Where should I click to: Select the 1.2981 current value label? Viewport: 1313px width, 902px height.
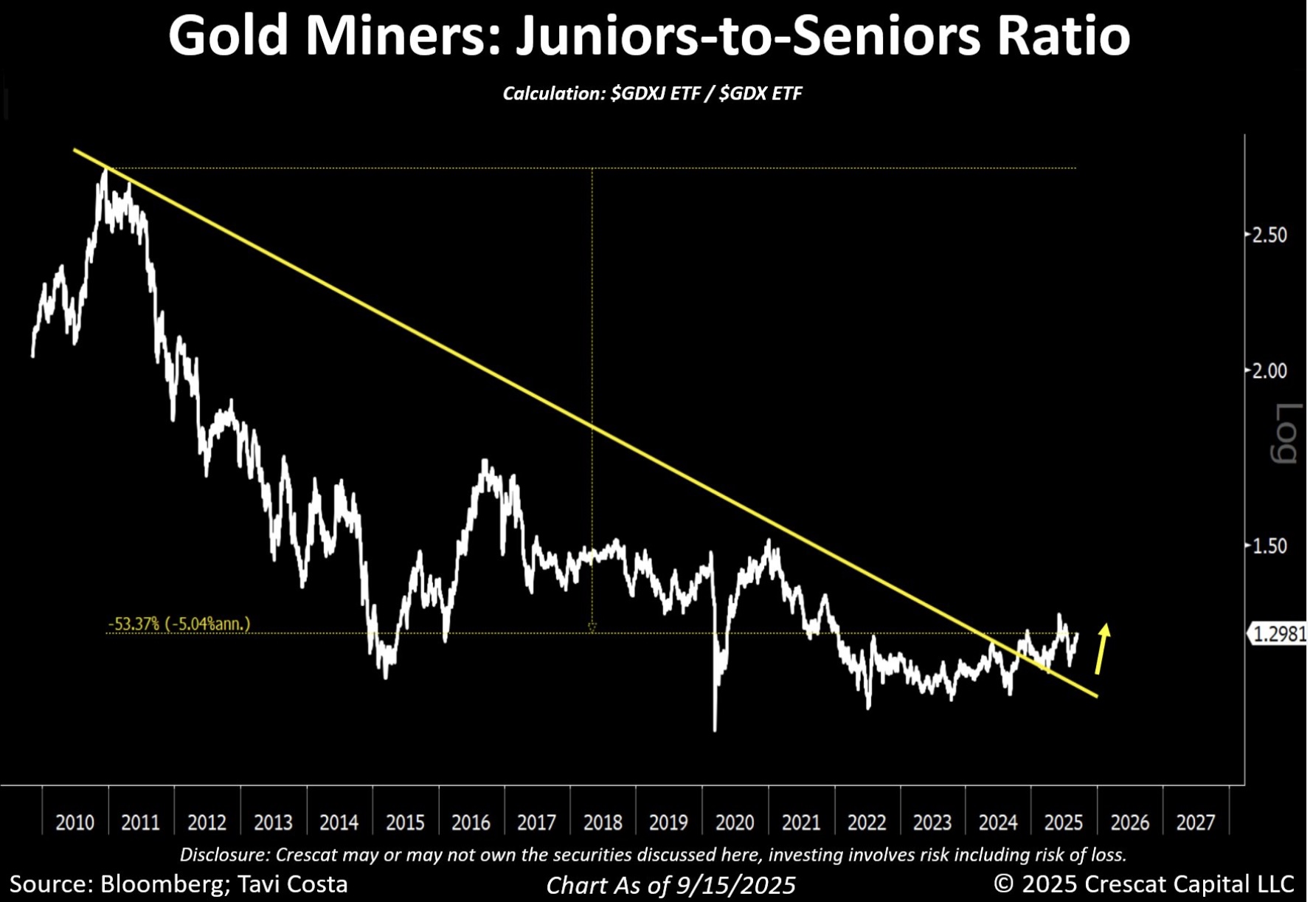pyautogui.click(x=1279, y=634)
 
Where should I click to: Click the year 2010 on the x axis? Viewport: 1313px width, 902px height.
pyautogui.click(x=75, y=822)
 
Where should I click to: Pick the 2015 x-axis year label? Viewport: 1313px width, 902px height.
pyautogui.click(x=405, y=822)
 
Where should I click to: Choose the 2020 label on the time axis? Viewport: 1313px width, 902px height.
pyautogui.click(x=735, y=822)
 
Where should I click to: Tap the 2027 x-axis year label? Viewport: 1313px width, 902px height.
pyautogui.click(x=1195, y=822)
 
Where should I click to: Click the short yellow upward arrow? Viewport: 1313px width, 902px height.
pyautogui.click(x=1102, y=649)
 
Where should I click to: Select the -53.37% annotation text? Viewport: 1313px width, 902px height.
pyautogui.click(x=134, y=624)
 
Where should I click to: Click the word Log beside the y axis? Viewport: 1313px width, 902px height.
pyautogui.click(x=1286, y=433)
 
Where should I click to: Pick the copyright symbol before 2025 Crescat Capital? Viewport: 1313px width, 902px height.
pyautogui.click(x=1003, y=884)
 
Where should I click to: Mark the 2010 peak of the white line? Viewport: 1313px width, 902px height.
pyautogui.click(x=105, y=171)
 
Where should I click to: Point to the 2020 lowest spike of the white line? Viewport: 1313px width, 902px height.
pyautogui.click(x=715, y=729)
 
